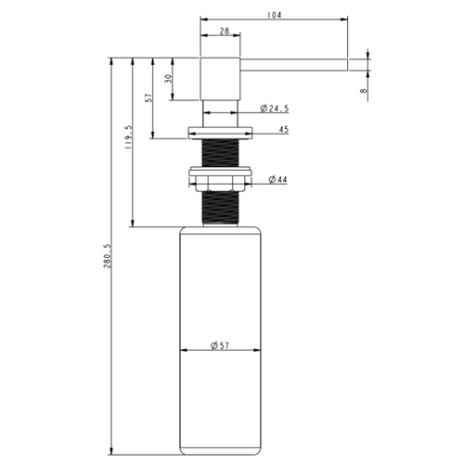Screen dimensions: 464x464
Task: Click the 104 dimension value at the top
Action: point(274,15)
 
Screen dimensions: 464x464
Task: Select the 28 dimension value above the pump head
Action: point(225,31)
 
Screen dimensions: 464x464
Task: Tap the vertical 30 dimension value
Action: point(168,79)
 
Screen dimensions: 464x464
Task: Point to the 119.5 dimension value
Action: point(128,137)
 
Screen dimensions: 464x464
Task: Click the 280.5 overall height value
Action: point(107,256)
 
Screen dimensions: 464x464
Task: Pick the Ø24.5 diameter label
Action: point(275,109)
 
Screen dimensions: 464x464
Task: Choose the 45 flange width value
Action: point(284,129)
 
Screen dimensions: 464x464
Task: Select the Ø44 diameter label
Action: point(277,179)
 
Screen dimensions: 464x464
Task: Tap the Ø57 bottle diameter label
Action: point(220,345)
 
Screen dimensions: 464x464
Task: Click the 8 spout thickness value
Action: point(364,91)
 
